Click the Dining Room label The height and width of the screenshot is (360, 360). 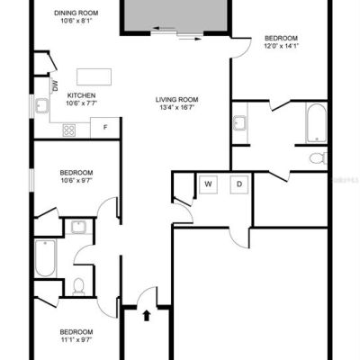(x=76, y=13)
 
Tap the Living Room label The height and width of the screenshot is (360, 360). (x=176, y=100)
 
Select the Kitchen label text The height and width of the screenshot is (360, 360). (x=81, y=95)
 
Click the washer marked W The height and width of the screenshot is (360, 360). (x=209, y=184)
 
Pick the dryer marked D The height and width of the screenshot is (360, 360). (x=239, y=184)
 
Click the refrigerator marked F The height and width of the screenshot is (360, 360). (x=105, y=128)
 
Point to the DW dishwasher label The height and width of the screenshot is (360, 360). (x=56, y=86)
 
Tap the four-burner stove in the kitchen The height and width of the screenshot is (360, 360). (x=69, y=130)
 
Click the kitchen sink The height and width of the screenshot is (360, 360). (x=41, y=106)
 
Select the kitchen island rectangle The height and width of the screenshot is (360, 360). (x=94, y=76)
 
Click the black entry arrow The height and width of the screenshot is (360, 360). (x=147, y=316)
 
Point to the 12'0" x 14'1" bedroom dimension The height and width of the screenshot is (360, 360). (x=281, y=46)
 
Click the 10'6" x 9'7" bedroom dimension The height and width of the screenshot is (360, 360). (x=76, y=181)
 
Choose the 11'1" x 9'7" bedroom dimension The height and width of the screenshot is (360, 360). (x=76, y=340)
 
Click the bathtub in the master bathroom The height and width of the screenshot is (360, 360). (x=316, y=123)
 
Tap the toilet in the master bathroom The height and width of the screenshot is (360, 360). (x=319, y=158)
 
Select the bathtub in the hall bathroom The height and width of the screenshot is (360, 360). (x=45, y=258)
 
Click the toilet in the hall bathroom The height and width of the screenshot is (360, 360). (x=79, y=286)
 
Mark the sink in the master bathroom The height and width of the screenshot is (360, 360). (x=239, y=123)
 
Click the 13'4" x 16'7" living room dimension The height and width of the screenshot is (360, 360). (x=176, y=108)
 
